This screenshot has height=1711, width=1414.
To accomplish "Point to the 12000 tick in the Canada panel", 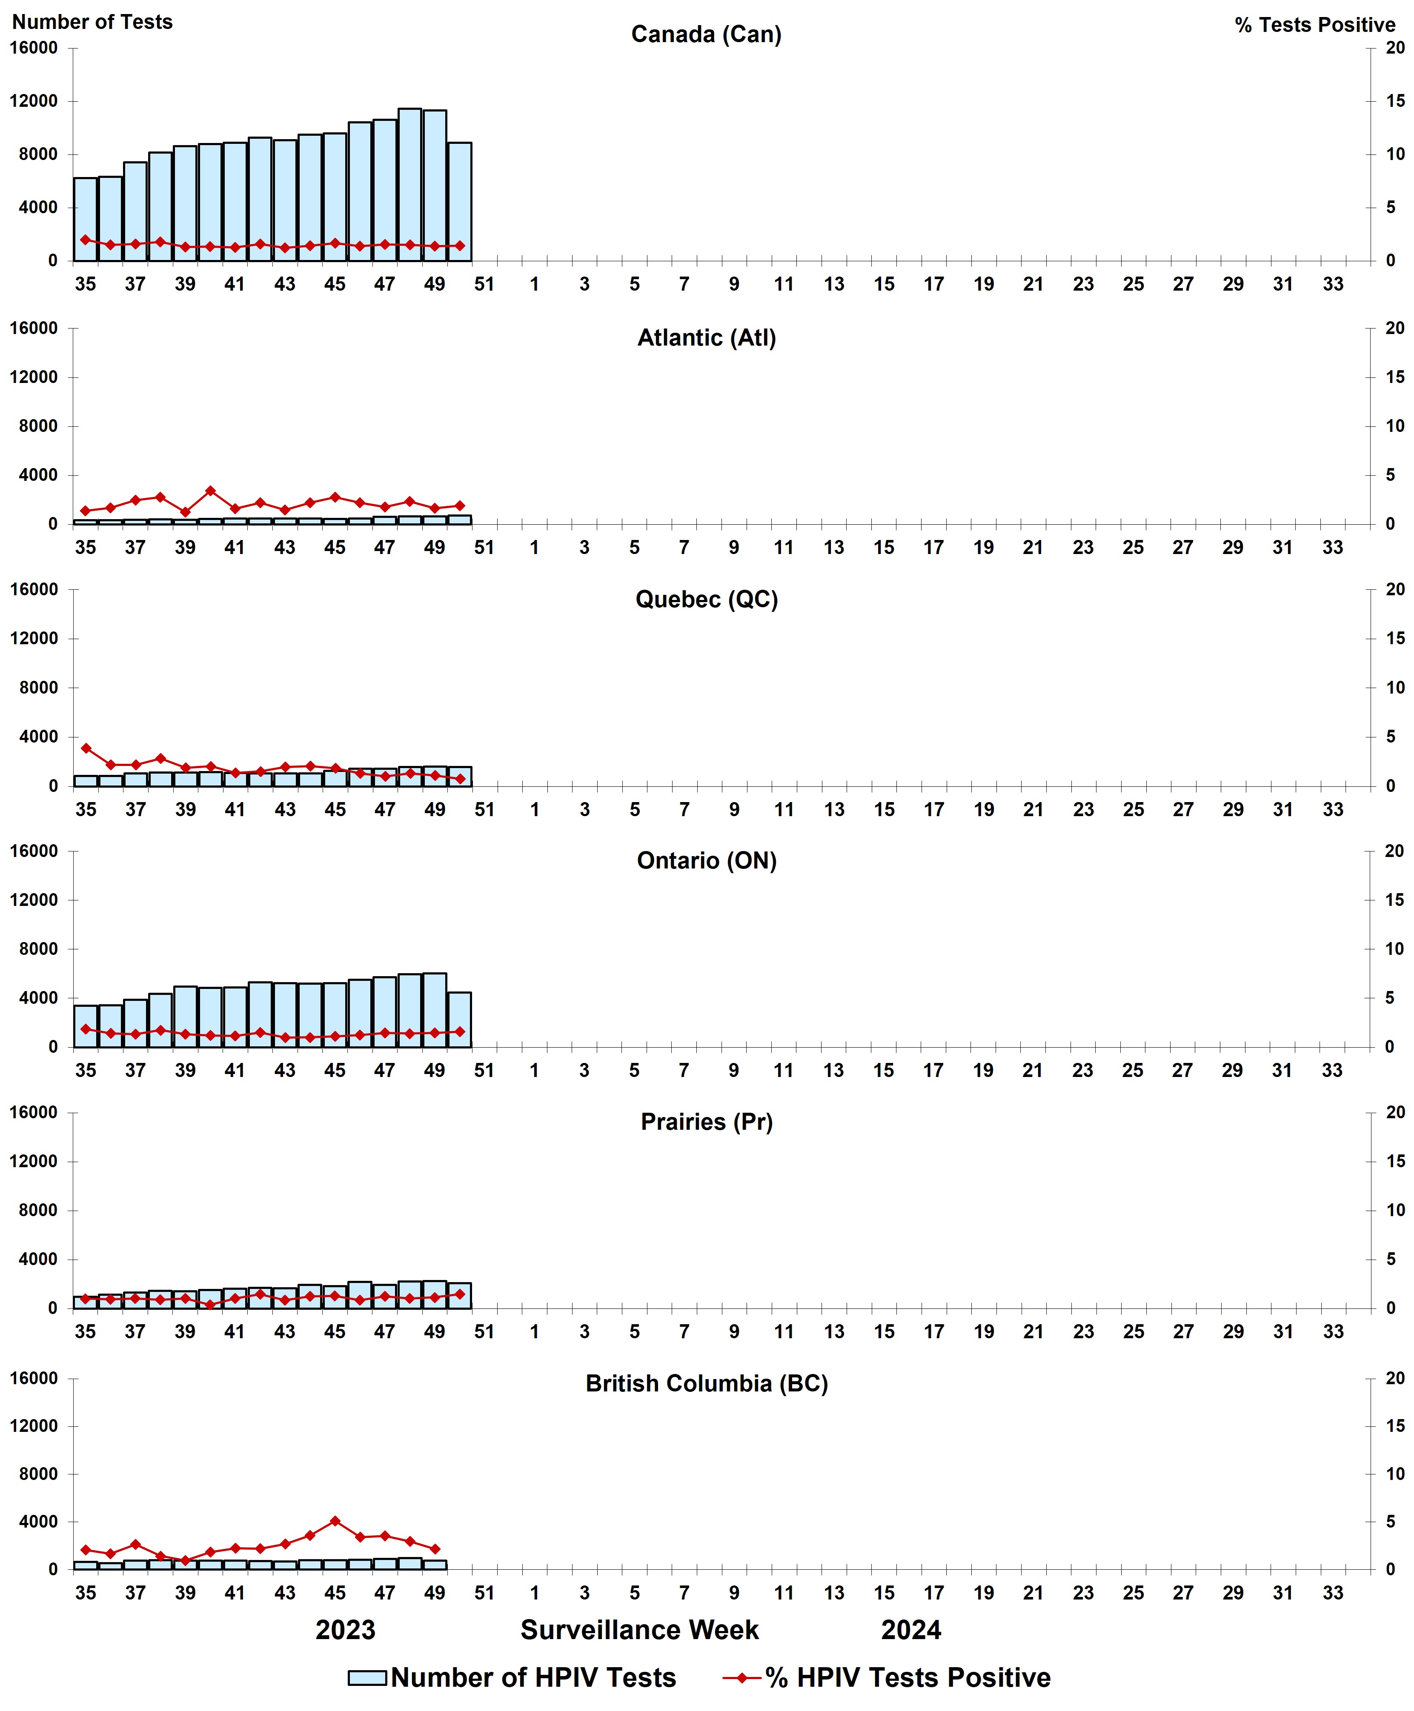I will click(34, 101).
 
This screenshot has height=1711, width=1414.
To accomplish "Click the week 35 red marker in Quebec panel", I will click(86, 748).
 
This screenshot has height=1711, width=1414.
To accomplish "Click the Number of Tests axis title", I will click(92, 22).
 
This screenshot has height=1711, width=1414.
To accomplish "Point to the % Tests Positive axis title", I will click(1315, 25).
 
